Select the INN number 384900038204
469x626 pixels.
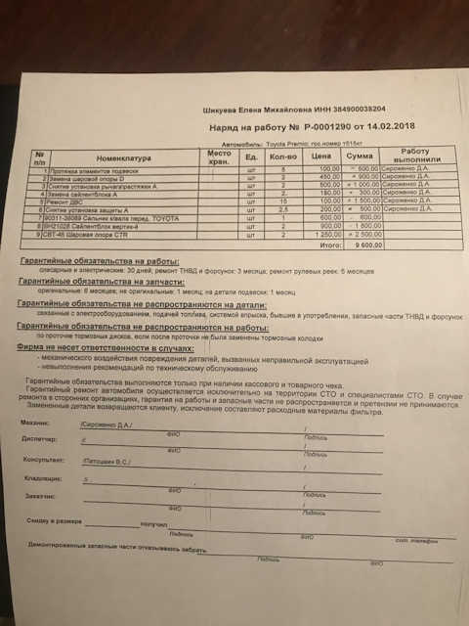359,110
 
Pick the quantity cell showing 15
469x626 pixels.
281,201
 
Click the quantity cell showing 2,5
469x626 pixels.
281,210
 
